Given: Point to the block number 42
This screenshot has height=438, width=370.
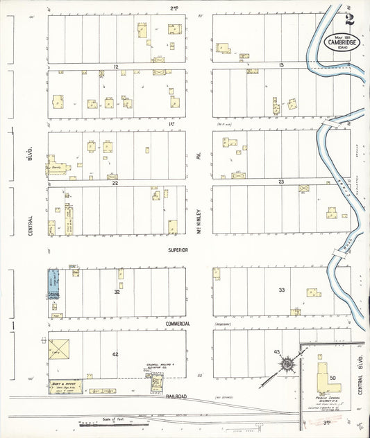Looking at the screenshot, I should click(x=116, y=354).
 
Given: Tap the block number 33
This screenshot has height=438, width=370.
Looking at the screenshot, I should click(x=281, y=290).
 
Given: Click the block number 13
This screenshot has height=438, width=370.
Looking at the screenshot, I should click(x=280, y=65).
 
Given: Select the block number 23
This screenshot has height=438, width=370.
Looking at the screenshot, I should click(x=280, y=182).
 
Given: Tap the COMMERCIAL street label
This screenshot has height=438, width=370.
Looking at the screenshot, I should click(x=178, y=324).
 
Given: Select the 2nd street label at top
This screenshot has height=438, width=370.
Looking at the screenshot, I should click(x=173, y=8).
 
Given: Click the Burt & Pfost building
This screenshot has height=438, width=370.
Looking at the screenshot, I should click(x=65, y=386).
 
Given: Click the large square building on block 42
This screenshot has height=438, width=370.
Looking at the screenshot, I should click(x=59, y=349).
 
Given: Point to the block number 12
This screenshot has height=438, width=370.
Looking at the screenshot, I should click(x=116, y=65).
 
